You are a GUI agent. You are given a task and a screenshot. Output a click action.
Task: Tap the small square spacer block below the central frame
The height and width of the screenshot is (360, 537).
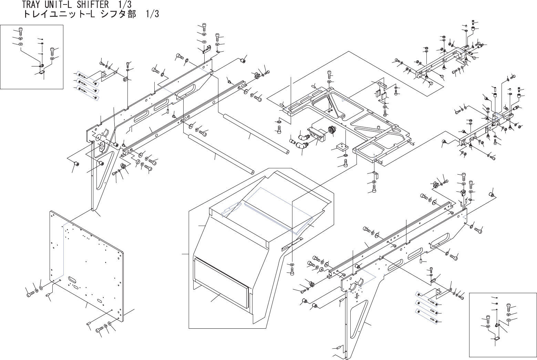(341, 147)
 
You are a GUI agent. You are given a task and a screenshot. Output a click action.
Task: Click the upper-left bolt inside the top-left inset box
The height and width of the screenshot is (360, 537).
(20, 31)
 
